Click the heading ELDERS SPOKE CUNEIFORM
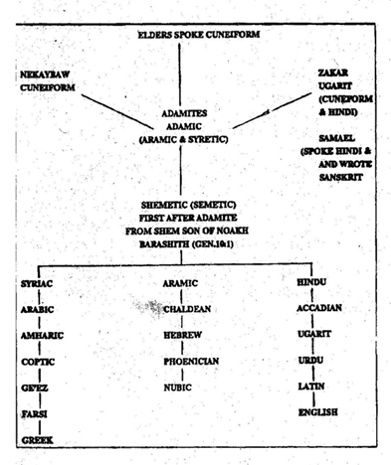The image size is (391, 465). pyautogui.click(x=199, y=35)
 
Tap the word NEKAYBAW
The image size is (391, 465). pyautogui.click(x=45, y=75)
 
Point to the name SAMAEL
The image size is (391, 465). pyautogui.click(x=336, y=138)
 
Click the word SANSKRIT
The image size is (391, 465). pyautogui.click(x=340, y=177)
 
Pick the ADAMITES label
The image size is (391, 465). pyautogui.click(x=184, y=113)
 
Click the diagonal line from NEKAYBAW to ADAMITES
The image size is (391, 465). pyautogui.click(x=117, y=112)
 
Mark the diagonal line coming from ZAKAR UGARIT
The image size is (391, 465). pyautogui.click(x=272, y=110)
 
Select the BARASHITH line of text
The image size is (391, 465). pyautogui.click(x=186, y=244)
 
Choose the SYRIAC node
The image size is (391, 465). pyautogui.click(x=37, y=284)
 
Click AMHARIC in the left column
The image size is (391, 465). pyautogui.click(x=42, y=336)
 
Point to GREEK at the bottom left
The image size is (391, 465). pyautogui.click(x=38, y=440)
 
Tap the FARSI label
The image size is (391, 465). pyautogui.click(x=35, y=414)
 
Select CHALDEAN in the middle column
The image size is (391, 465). pyautogui.click(x=187, y=309)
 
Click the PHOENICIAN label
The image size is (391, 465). pyautogui.click(x=191, y=361)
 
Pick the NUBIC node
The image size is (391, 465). pyautogui.click(x=178, y=387)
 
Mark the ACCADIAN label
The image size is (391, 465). pyautogui.click(x=319, y=308)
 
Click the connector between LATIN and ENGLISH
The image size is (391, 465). pyautogui.click(x=313, y=399)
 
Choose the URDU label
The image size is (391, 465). pyautogui.click(x=310, y=360)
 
